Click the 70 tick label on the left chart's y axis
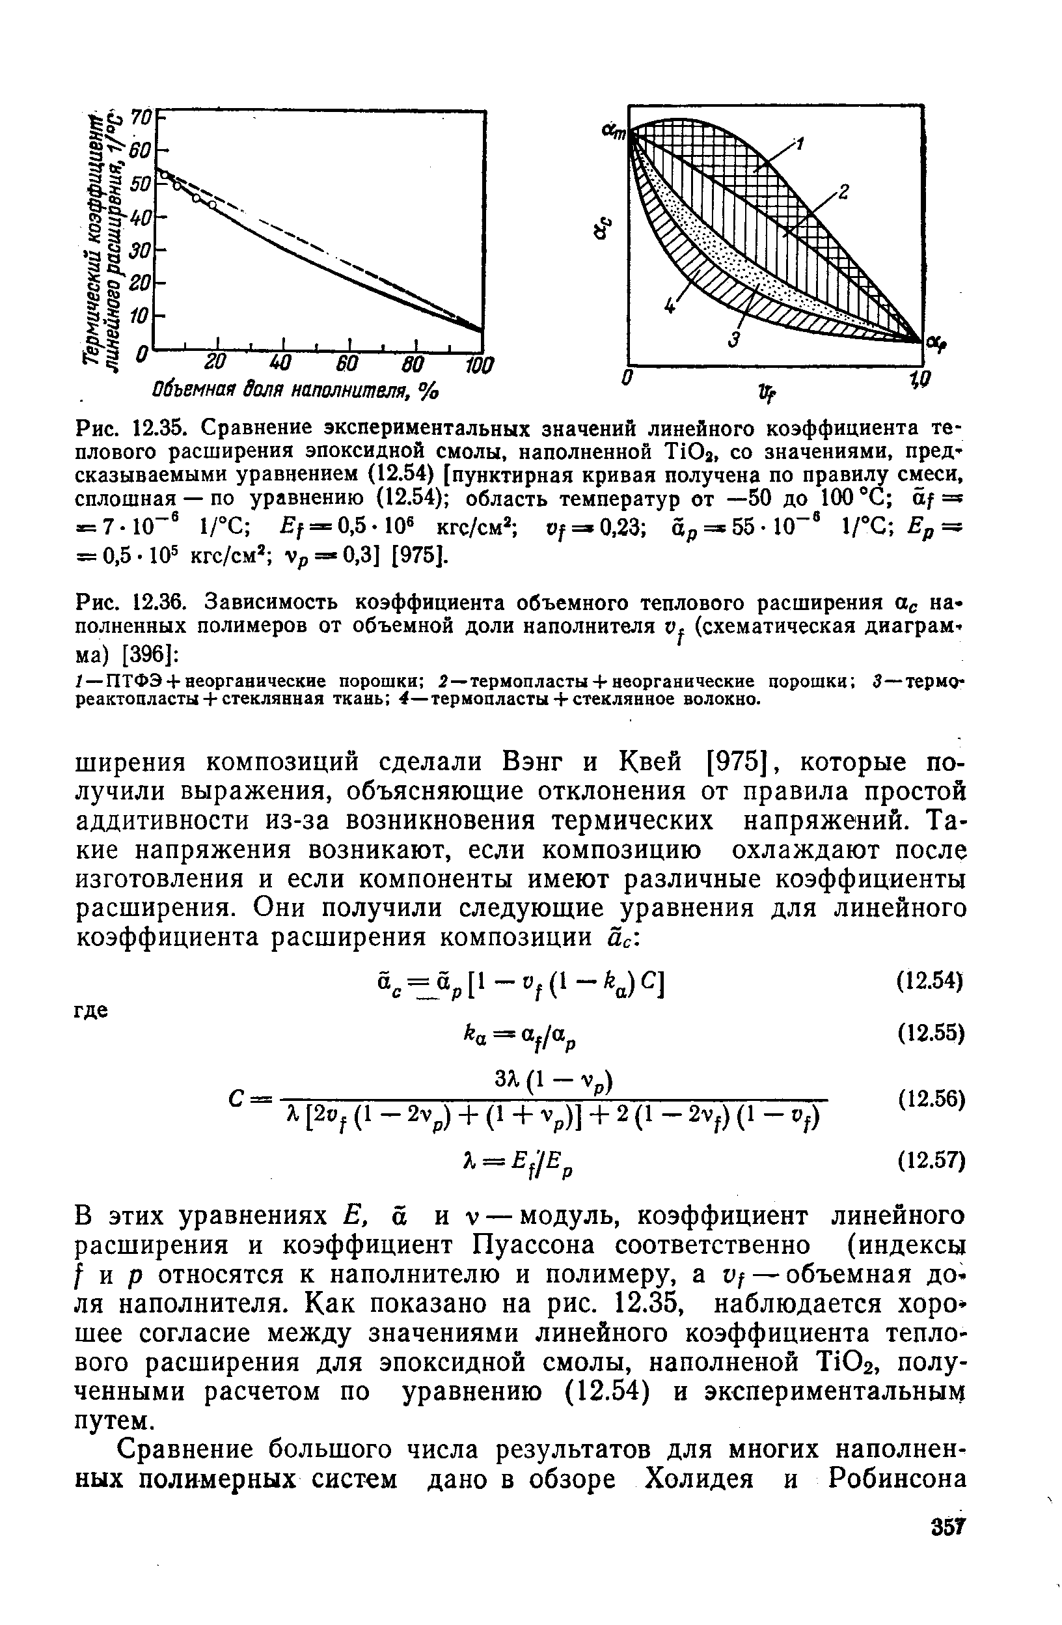[141, 118]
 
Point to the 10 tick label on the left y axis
[139, 316]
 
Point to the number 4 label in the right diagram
[670, 307]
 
